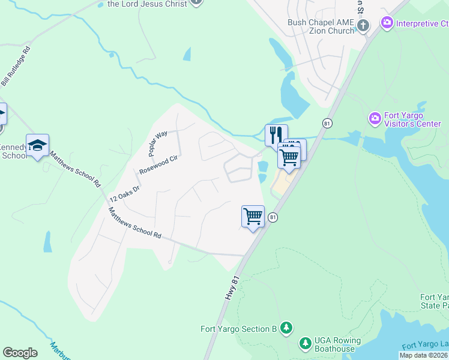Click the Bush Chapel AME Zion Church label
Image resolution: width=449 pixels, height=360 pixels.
coord(321,26)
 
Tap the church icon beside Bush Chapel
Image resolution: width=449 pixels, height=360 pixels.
coord(363,25)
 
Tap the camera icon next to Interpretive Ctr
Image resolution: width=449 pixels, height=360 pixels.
coord(387,23)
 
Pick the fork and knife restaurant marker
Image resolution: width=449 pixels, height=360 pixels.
coord(276,134)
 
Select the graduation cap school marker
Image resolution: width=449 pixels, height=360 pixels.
coord(37,145)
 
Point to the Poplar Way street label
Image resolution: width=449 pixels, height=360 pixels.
coord(157,142)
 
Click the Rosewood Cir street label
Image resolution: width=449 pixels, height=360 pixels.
coord(159,163)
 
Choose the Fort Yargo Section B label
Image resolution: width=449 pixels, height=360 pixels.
coord(238,328)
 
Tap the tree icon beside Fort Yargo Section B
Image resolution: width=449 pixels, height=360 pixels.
coord(288,328)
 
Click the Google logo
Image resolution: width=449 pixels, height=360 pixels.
coord(20,353)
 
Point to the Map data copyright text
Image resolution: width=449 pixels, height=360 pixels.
coord(424,355)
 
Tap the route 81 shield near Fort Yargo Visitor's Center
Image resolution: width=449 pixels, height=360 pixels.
coord(327,122)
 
